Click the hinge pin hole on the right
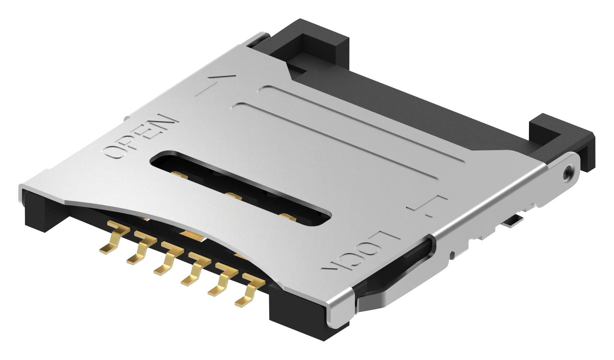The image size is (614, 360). (567, 171)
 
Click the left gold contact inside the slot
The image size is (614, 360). (180, 176)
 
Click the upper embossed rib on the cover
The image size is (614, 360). (351, 117)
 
